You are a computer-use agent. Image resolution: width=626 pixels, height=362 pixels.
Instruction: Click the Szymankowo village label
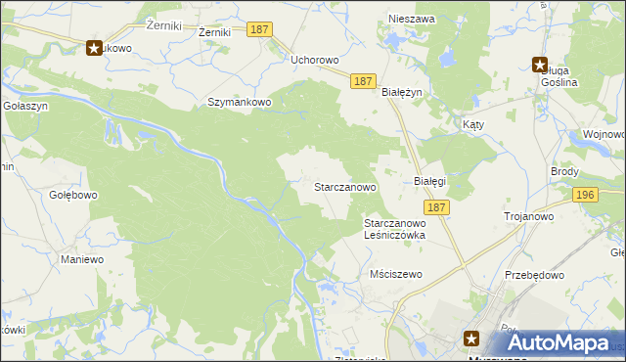pyautogui.click(x=238, y=102)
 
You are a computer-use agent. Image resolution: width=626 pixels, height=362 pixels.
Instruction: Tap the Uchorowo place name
pyautogui.click(x=314, y=60)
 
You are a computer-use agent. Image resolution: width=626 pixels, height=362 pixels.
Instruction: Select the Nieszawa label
pyautogui.click(x=410, y=19)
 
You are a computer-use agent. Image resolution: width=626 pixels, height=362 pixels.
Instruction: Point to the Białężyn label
pyautogui.click(x=401, y=91)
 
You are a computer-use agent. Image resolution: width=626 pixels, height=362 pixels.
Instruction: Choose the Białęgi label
pyautogui.click(x=429, y=182)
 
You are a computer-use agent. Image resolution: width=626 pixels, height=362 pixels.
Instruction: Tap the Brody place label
pyautogui.click(x=564, y=171)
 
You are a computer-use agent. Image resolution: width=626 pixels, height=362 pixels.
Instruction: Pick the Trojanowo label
pyautogui.click(x=529, y=216)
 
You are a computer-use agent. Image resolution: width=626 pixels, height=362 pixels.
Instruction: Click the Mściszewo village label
pyautogui.click(x=396, y=274)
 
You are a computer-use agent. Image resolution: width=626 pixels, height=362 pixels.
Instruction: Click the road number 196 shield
pyautogui.click(x=586, y=196)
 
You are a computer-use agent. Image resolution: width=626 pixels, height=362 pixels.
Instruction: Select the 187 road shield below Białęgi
pyautogui.click(x=437, y=207)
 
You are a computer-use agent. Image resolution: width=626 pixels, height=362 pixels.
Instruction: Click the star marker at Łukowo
pyautogui.click(x=95, y=46)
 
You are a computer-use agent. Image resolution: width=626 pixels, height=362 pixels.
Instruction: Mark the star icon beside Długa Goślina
pyautogui.click(x=540, y=66)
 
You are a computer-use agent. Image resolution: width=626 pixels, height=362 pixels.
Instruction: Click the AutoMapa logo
pyautogui.click(x=557, y=342)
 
